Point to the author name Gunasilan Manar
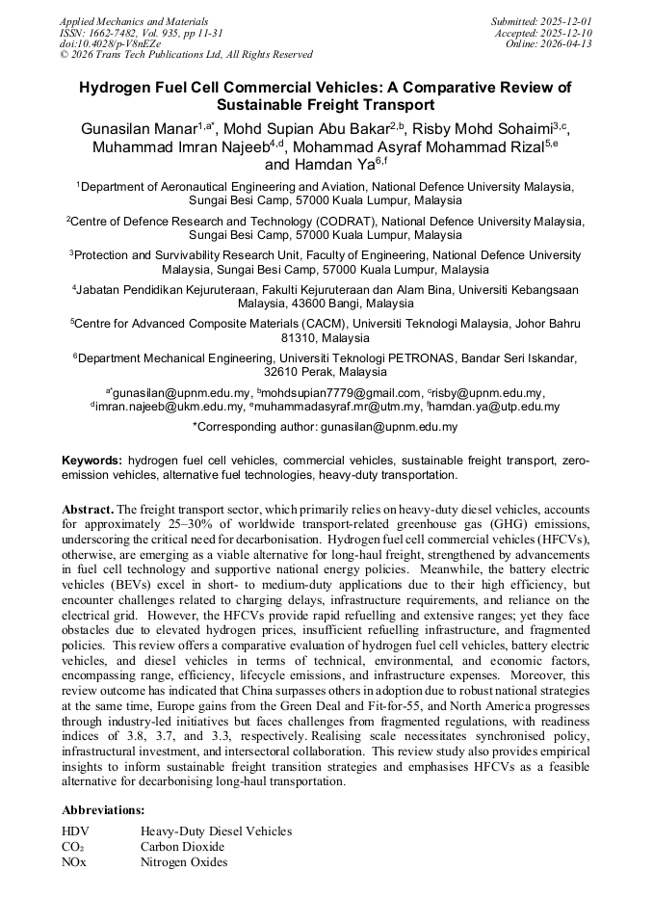pos(140,128)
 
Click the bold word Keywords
pos(91,461)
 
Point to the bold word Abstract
pos(88,508)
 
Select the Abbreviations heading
pos(103,810)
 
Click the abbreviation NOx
pos(74,862)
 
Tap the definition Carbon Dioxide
pos(182,847)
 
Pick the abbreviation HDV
pos(75,831)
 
